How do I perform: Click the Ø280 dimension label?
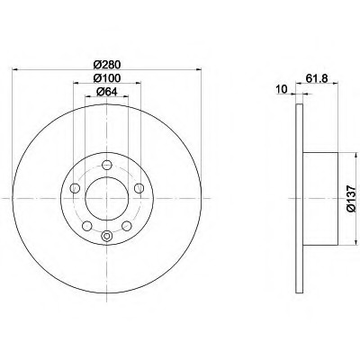point(107,64)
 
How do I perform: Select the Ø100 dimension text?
point(107,78)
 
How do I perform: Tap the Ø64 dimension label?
point(107,92)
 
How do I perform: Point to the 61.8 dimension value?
point(317,78)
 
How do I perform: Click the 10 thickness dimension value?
point(282,89)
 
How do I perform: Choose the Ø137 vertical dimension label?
point(351,199)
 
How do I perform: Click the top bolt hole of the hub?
point(107,165)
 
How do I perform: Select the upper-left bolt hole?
point(75,188)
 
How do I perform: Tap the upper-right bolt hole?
point(139,188)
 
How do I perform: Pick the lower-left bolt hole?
point(87,226)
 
